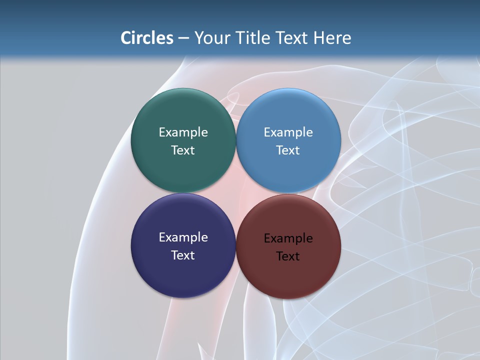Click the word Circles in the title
[x=146, y=38]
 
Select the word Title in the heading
[x=252, y=38]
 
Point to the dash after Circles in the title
[x=183, y=38]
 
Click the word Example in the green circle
[x=183, y=132]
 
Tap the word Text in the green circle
[x=183, y=150]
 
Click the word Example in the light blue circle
[x=288, y=132]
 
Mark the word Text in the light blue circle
[x=288, y=150]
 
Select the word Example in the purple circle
[x=183, y=237]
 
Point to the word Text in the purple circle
[x=183, y=255]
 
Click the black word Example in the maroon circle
[x=288, y=238]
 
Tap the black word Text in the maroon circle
[x=288, y=256]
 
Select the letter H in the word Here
[x=319, y=38]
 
